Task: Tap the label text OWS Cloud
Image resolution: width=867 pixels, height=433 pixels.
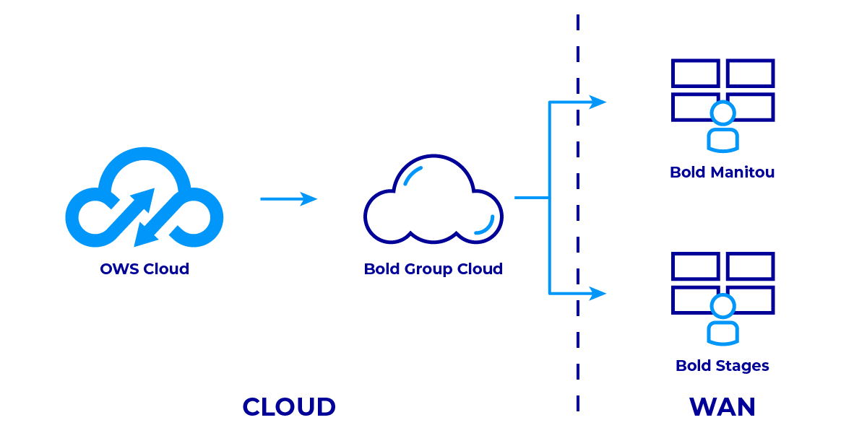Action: tap(144, 269)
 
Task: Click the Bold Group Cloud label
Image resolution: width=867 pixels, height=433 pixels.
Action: tap(433, 269)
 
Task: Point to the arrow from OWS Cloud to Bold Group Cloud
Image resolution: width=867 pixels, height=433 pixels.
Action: tap(289, 198)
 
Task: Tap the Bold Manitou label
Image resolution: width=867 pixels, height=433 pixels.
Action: tap(722, 172)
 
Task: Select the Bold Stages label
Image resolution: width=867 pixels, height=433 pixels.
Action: tap(722, 366)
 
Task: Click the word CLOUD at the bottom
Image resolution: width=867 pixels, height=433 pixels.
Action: tap(289, 407)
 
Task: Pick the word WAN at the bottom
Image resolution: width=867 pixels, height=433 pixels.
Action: tap(722, 407)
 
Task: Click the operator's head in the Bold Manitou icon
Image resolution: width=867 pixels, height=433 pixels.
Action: tap(722, 113)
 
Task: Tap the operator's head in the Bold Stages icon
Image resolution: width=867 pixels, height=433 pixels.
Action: tap(722, 307)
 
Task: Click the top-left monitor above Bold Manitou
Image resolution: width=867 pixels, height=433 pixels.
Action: tap(695, 73)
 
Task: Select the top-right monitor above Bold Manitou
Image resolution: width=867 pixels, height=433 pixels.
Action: tap(751, 73)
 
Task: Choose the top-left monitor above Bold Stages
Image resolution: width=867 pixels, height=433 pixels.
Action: tap(695, 266)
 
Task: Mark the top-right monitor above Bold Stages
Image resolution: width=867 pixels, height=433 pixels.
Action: tap(751, 266)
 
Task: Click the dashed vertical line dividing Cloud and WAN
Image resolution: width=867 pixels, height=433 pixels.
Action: tap(578, 216)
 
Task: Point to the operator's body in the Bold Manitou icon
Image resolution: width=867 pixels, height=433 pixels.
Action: tap(722, 140)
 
